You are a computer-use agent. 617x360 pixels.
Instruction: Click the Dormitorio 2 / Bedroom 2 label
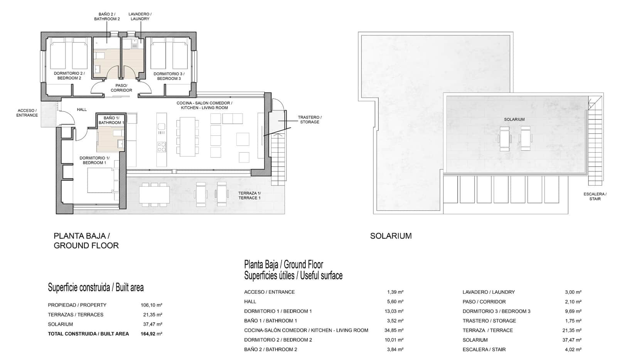click(x=69, y=76)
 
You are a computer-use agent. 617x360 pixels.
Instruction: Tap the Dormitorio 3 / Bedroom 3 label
click(x=169, y=76)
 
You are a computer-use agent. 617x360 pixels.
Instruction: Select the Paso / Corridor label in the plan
click(x=121, y=88)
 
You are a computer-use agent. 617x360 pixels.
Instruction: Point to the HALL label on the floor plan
click(x=82, y=110)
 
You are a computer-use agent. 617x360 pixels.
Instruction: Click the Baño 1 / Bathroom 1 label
click(x=111, y=120)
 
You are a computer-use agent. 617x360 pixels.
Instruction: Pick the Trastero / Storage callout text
click(x=310, y=119)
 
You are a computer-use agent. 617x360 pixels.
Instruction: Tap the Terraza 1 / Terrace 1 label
click(x=249, y=195)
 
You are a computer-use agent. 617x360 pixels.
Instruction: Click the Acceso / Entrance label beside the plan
click(x=27, y=113)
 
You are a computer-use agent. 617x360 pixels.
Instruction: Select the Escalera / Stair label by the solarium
click(x=595, y=197)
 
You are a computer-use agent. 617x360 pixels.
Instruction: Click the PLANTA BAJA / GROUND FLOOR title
click(x=86, y=241)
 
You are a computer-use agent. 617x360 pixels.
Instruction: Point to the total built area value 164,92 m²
click(x=151, y=334)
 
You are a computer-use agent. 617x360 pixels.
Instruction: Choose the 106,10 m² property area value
click(x=151, y=305)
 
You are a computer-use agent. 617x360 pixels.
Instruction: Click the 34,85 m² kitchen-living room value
click(x=395, y=330)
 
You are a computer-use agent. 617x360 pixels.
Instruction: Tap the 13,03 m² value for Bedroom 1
click(x=395, y=311)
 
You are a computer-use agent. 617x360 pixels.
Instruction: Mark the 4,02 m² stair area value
click(x=573, y=350)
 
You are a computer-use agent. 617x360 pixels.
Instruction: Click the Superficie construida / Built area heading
click(x=96, y=288)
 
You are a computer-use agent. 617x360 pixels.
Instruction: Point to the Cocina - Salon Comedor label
click(x=204, y=105)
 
